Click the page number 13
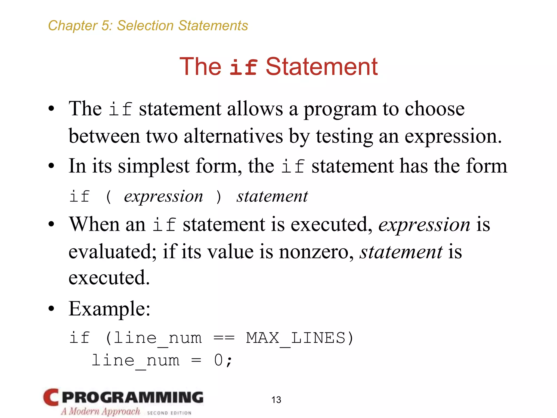(276, 399)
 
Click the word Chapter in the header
(72, 26)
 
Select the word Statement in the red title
(321, 67)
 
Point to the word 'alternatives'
(233, 136)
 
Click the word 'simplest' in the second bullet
(154, 166)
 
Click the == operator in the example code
(224, 338)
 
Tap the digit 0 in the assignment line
(218, 361)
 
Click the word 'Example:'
(109, 309)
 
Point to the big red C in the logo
(51, 397)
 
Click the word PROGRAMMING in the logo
(133, 397)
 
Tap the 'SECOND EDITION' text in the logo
(169, 413)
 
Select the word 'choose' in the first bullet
(435, 109)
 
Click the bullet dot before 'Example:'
(51, 309)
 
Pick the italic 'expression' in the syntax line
(163, 196)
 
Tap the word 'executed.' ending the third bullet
(109, 278)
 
